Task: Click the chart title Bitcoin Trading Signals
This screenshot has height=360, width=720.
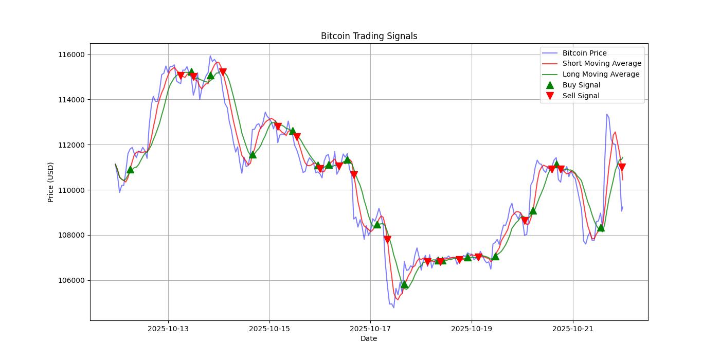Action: pos(369,36)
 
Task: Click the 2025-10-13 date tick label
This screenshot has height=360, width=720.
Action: pos(168,329)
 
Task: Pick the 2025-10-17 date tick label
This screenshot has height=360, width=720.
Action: pos(370,329)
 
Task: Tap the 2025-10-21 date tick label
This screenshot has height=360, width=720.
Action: pos(573,329)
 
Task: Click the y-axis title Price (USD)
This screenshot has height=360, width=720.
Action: pos(51,182)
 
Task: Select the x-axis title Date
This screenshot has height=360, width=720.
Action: pos(369,338)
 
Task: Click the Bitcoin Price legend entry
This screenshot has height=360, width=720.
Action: pos(584,53)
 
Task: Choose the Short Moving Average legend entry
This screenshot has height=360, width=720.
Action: pos(602,63)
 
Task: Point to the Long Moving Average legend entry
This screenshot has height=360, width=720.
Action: pos(601,74)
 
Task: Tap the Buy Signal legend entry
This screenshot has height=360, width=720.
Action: pos(581,85)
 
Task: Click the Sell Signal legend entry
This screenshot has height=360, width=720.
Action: pos(581,96)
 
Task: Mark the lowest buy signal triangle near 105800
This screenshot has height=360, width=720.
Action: pos(404,284)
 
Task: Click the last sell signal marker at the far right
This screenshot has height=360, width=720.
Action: pos(622,167)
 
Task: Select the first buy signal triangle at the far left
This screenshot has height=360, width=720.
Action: pos(130,169)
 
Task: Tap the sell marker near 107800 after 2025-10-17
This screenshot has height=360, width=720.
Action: pos(387,239)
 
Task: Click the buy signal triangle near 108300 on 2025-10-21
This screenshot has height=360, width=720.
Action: pos(601,227)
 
